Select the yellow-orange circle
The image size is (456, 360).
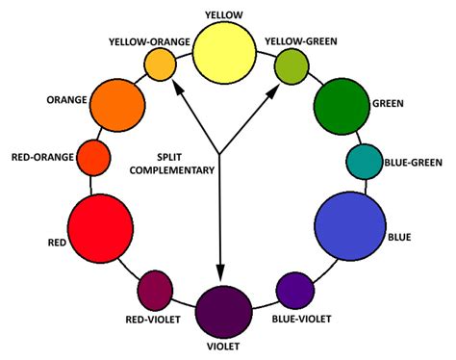pyautogui.click(x=160, y=64)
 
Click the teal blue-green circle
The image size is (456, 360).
pyautogui.click(x=365, y=162)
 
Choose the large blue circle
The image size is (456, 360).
pyautogui.click(x=348, y=225)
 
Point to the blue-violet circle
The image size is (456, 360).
pyautogui.click(x=294, y=290)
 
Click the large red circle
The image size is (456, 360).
pyautogui.click(x=100, y=228)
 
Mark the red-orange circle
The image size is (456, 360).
pyautogui.click(x=92, y=155)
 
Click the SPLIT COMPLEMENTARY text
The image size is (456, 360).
pyautogui.click(x=185, y=162)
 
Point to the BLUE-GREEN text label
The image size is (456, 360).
pyautogui.click(x=413, y=162)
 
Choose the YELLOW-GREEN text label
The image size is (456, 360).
pyautogui.click(x=302, y=40)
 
